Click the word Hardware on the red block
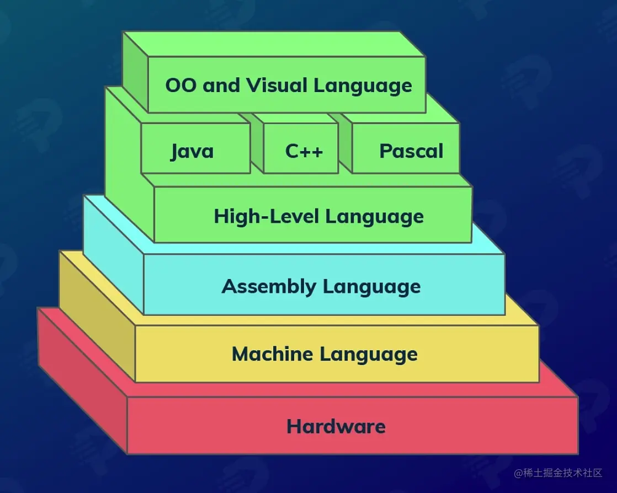[x=336, y=426]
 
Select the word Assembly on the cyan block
[x=269, y=286]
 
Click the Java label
[x=192, y=151]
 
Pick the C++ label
[x=304, y=151]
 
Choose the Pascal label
[x=411, y=151]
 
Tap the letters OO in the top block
[x=180, y=85]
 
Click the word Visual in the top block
[x=278, y=85]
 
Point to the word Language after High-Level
[x=374, y=216]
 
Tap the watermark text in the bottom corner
[x=558, y=473]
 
